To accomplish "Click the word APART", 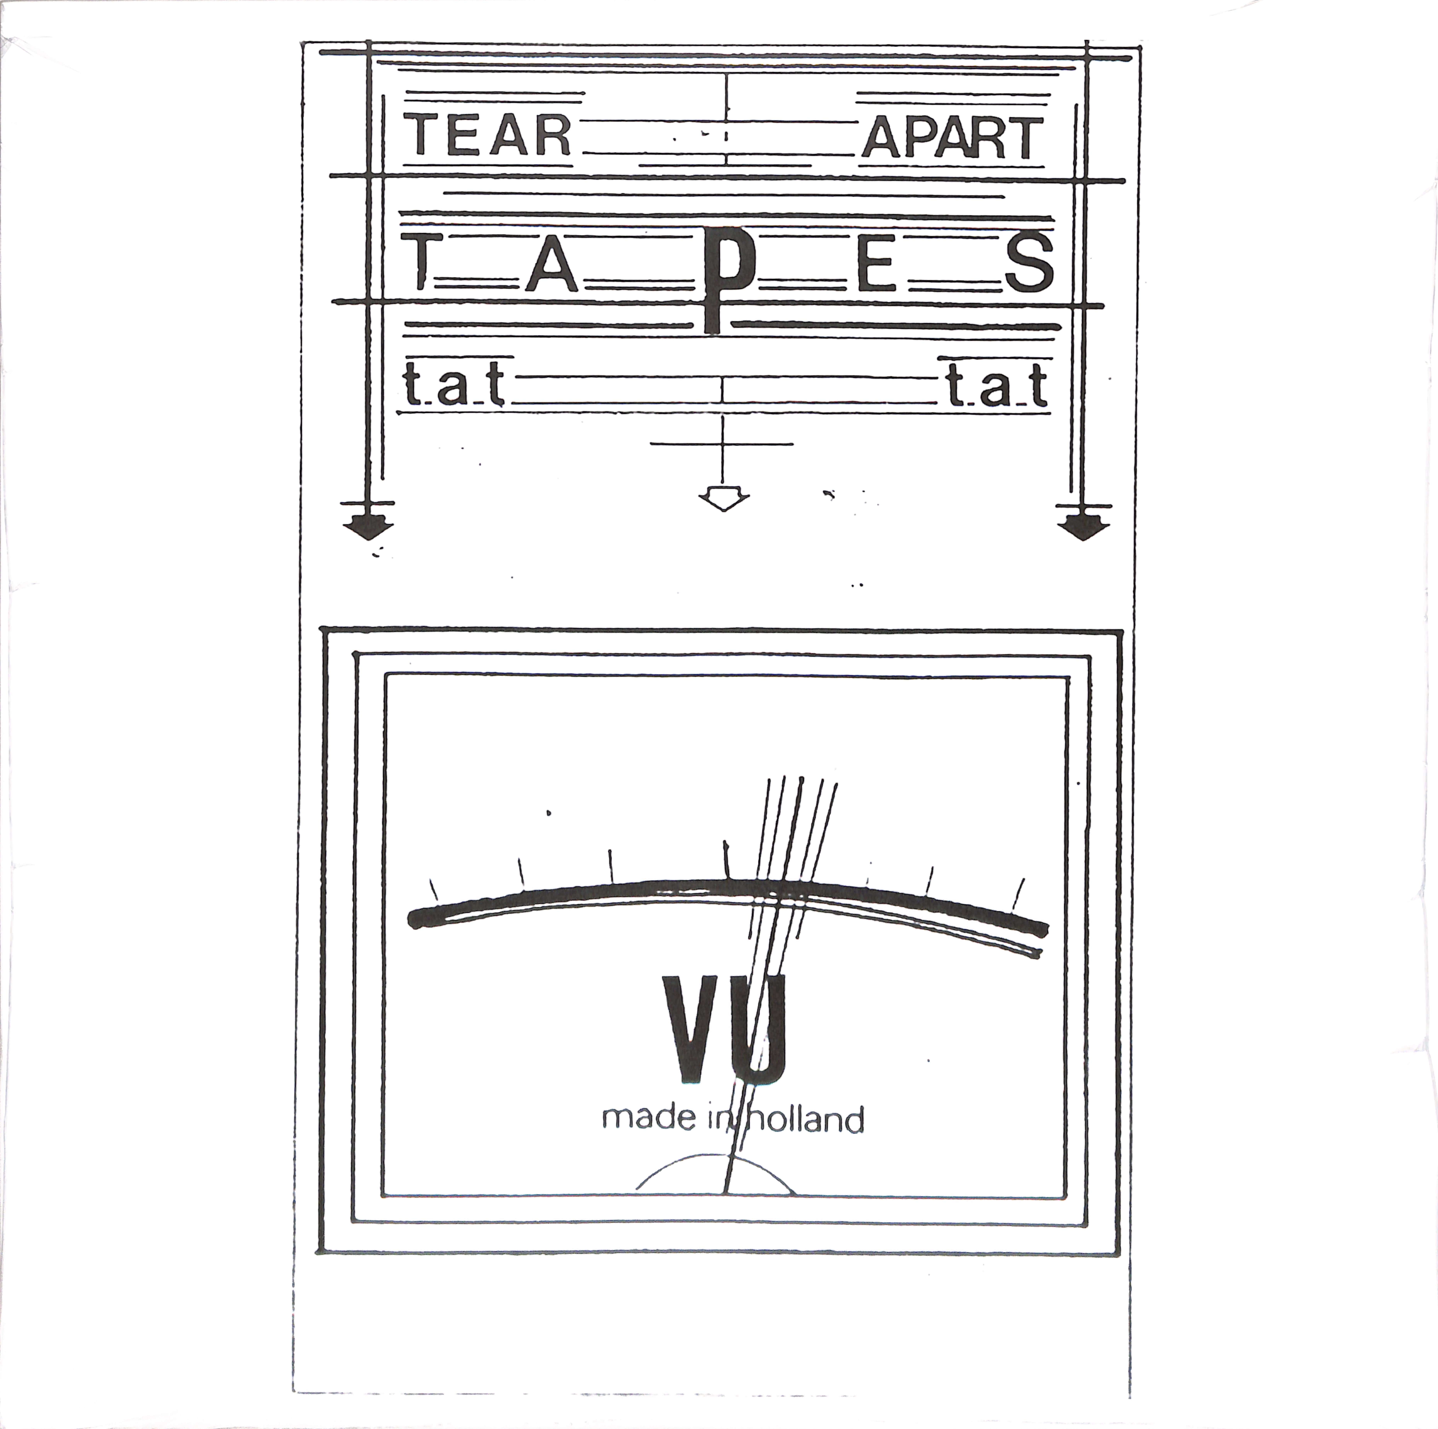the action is pos(952,138).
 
